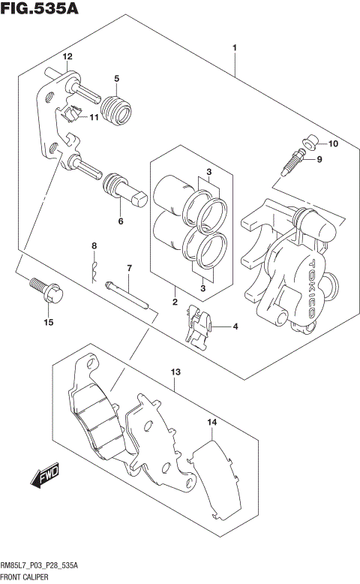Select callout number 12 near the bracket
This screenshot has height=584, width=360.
(67, 57)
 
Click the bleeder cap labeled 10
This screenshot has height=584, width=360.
(310, 142)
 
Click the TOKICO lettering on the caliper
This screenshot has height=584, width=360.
(310, 282)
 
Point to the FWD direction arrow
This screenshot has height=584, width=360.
(44, 477)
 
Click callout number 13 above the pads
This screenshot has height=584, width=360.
(175, 372)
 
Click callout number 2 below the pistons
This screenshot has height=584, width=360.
(174, 303)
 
